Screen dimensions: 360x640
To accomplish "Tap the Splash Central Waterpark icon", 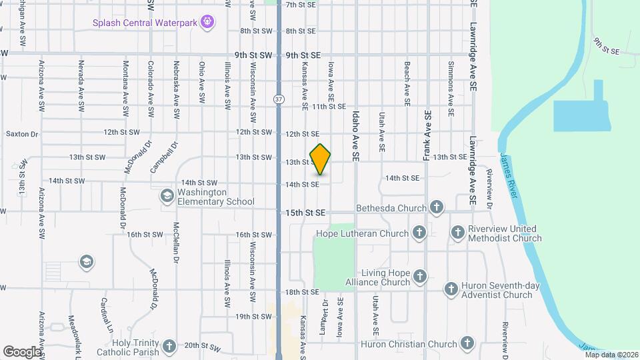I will [208, 22].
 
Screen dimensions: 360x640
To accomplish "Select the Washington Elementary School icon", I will [166, 196].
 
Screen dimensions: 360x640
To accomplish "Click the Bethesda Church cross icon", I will [437, 207].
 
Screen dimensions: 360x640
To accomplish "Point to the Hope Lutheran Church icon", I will [419, 233].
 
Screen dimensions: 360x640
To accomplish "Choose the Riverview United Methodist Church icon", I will [457, 233].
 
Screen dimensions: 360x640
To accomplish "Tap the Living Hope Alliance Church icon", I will [420, 276].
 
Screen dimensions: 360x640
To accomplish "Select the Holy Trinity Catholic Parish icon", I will [169, 346].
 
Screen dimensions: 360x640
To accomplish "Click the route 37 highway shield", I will [278, 99].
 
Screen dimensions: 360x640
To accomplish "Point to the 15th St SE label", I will [305, 213].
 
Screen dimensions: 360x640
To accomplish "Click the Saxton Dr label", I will [23, 134].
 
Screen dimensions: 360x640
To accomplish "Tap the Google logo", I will [22, 351].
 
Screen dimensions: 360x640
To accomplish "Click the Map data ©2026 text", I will [611, 355].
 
